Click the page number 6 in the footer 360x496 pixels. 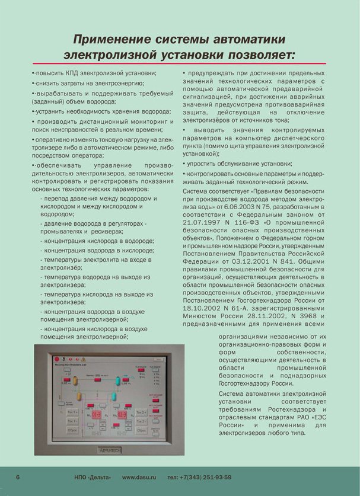point(18,477)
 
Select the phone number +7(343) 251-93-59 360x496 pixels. point(200,477)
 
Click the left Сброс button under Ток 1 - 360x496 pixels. point(72,428)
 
